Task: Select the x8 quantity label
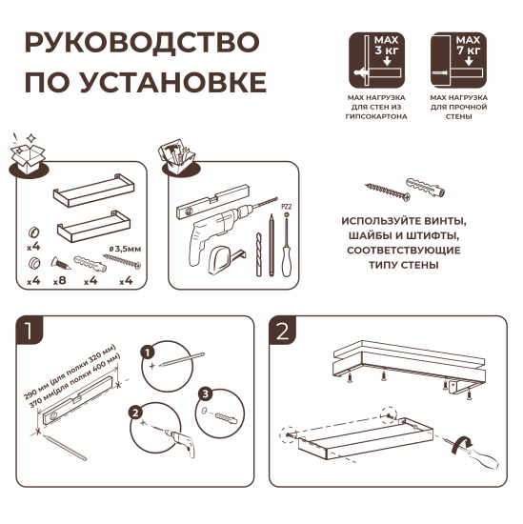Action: tap(61, 281)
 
